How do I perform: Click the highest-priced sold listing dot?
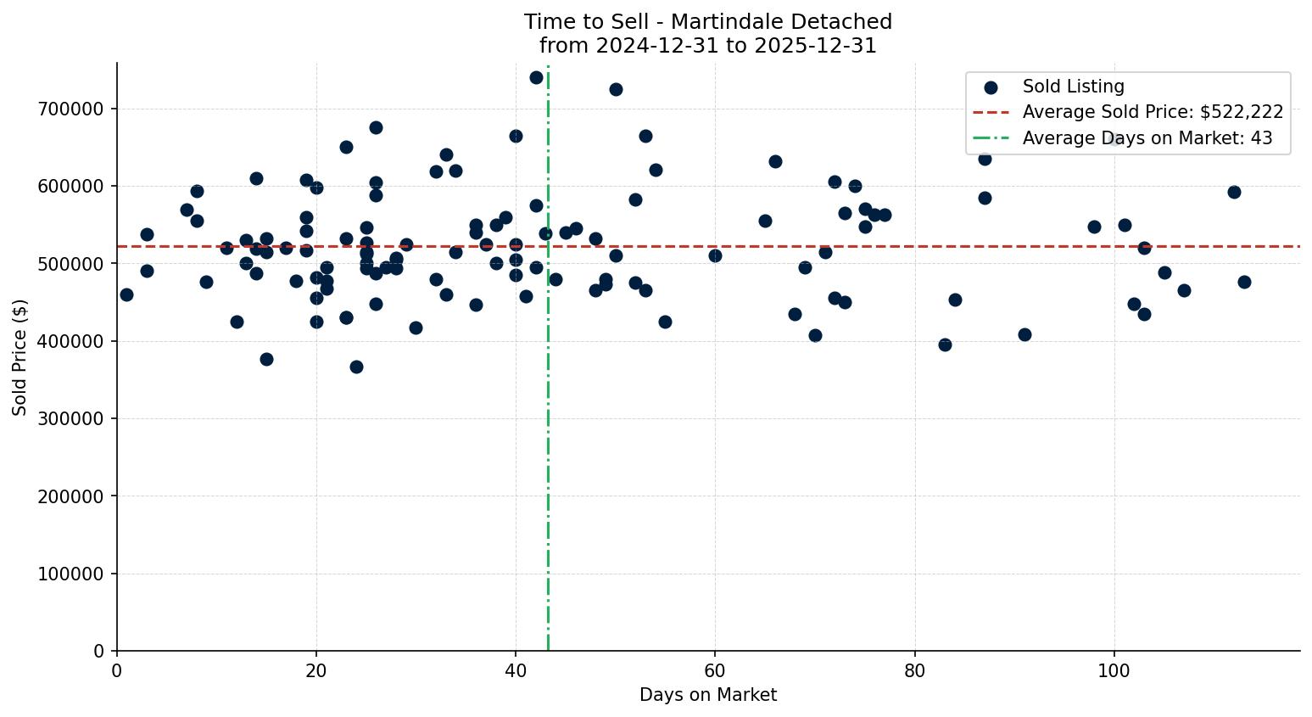coord(536,77)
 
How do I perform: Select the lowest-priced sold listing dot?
coord(356,367)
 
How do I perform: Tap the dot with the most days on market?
coord(1244,282)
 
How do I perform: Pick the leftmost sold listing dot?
coord(126,294)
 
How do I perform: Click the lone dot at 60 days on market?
coord(715,255)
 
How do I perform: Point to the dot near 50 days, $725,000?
coord(616,89)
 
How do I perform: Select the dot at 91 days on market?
coord(1024,334)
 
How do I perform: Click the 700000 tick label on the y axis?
coord(71,109)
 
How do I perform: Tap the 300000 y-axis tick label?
coord(71,418)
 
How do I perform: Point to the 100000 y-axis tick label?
coord(71,574)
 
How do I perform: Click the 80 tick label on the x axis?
coord(914,671)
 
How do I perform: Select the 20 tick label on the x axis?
coord(316,671)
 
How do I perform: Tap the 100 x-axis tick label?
coord(1114,671)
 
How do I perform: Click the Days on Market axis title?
coord(708,695)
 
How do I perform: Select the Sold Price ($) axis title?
coord(20,357)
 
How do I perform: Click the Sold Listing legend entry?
coord(1073,87)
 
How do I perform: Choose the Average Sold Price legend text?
coord(1153,112)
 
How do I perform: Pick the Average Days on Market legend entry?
coord(1147,138)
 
